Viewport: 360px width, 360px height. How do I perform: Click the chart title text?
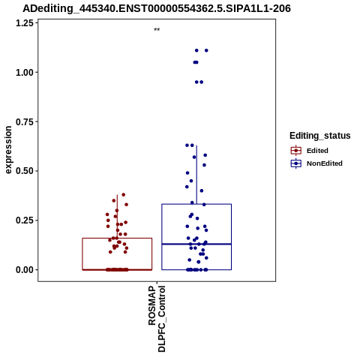click(x=157, y=8)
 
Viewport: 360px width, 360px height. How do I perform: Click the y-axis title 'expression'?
click(x=8, y=150)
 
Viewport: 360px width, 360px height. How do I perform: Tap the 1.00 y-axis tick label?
click(x=25, y=73)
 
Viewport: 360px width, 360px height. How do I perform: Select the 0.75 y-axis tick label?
click(x=25, y=121)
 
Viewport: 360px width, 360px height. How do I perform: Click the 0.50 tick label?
click(x=25, y=171)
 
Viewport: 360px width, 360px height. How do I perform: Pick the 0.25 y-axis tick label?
click(x=25, y=220)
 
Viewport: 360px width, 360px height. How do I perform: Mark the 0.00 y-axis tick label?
click(x=25, y=270)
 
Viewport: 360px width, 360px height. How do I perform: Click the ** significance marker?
click(x=157, y=30)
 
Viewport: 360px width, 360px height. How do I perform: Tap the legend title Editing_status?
click(x=320, y=136)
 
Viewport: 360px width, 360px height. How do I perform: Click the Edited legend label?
click(x=317, y=151)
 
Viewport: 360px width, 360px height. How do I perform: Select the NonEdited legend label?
click(x=325, y=163)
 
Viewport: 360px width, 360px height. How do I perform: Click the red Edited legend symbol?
click(x=296, y=151)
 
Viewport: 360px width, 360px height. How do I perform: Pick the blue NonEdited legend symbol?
click(x=296, y=163)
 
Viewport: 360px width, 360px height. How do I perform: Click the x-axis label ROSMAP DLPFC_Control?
click(x=157, y=319)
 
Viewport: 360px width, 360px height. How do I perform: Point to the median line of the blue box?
click(x=196, y=244)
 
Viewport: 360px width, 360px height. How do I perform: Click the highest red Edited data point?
click(x=123, y=195)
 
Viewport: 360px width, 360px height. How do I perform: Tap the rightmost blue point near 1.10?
click(x=206, y=50)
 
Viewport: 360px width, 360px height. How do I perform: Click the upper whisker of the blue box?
click(x=196, y=175)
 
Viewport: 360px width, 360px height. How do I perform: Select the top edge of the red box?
click(x=117, y=238)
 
